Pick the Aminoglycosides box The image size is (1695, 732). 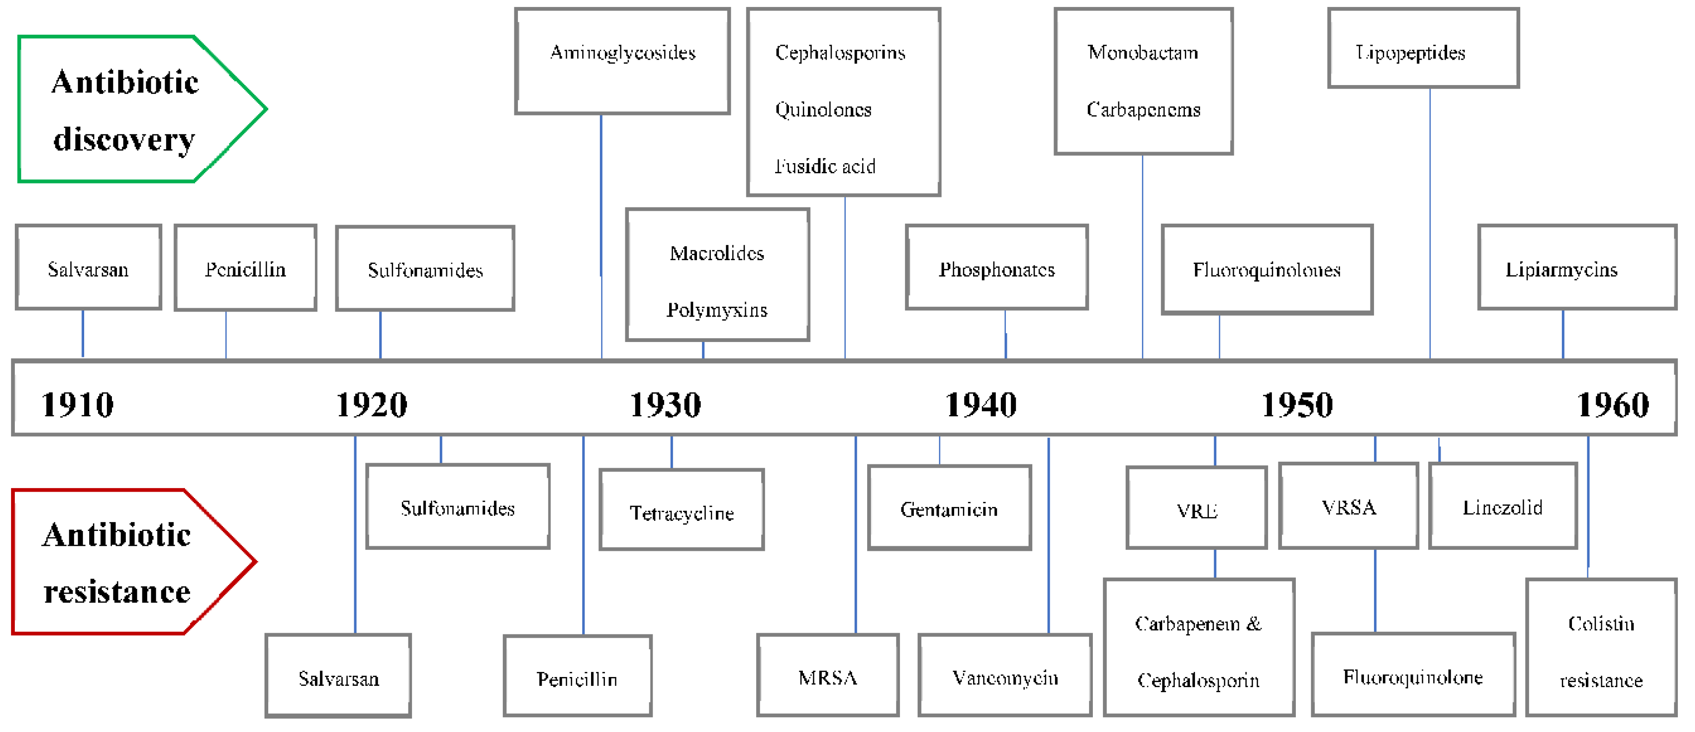[623, 61]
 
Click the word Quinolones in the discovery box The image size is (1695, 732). [823, 110]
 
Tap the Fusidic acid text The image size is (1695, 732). [825, 166]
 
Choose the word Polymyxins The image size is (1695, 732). [717, 310]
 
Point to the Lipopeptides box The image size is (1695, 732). [1423, 49]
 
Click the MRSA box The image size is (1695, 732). [828, 676]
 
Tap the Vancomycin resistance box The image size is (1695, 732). [1005, 676]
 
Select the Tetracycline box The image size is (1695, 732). [682, 510]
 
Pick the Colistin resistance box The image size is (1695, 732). [1601, 648]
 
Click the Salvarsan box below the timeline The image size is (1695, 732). [338, 677]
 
